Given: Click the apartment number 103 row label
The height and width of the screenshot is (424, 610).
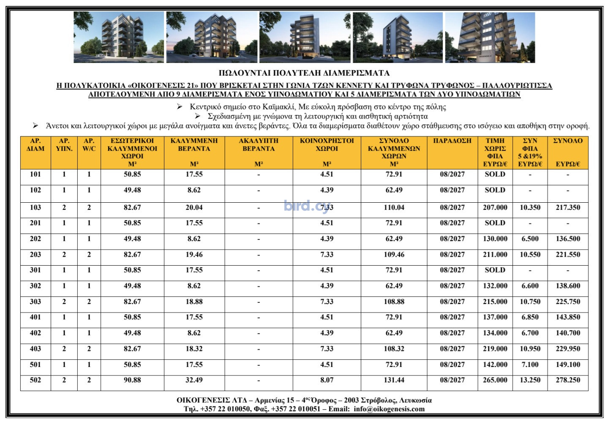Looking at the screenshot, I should (35, 207).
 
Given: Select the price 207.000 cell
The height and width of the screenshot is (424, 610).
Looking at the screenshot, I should (495, 207).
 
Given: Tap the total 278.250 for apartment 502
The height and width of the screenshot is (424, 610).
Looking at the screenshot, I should (568, 380).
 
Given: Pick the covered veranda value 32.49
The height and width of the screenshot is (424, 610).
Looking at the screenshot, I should (194, 380).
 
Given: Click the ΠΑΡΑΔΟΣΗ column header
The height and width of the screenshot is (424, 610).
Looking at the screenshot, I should (452, 141).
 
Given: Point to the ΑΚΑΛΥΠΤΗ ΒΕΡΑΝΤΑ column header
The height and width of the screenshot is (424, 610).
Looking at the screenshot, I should (259, 145).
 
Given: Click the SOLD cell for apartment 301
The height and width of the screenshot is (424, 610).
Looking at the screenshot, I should (495, 270).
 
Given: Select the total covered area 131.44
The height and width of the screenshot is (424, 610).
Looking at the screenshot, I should (394, 380).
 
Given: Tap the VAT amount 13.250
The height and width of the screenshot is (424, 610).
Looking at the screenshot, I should (530, 380).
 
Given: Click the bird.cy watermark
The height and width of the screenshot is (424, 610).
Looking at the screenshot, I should (307, 206).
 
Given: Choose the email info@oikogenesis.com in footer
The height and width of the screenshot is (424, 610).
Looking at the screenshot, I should (389, 409).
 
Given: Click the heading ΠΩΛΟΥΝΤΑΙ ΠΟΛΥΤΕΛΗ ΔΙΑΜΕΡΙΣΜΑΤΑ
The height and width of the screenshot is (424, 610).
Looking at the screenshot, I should (304, 73).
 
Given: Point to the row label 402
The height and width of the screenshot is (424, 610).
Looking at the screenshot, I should (35, 333).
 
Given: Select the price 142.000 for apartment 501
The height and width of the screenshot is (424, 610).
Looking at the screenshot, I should (495, 364).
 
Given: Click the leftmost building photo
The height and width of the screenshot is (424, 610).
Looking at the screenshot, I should (119, 38).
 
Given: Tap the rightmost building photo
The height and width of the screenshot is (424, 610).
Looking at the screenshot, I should (490, 38).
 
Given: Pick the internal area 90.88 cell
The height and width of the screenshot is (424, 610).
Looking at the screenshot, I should (132, 380).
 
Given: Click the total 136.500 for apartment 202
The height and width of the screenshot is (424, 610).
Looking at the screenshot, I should (568, 239).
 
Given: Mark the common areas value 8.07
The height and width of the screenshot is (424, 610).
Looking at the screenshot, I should (327, 380).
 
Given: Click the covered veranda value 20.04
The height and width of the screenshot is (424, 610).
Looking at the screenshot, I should (194, 207).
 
